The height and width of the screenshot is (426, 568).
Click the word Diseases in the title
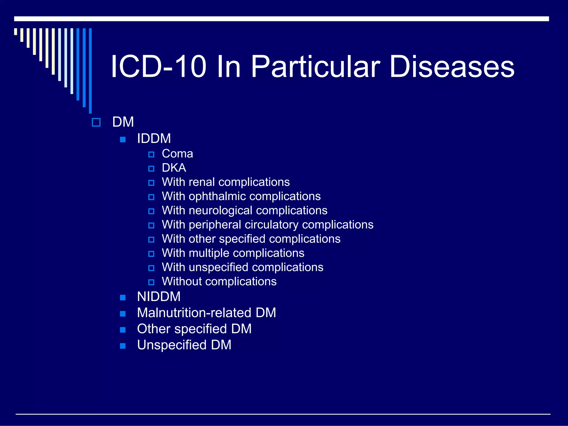click(452, 67)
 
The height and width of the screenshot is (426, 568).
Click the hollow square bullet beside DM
click(96, 122)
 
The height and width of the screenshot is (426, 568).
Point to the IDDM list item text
click(154, 138)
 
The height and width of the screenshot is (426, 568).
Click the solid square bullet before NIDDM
click(123, 298)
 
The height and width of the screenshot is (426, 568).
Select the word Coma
click(177, 154)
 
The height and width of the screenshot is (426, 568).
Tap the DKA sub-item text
click(174, 168)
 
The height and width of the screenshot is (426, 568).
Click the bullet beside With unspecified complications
click(151, 268)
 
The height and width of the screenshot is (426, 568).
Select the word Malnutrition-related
click(194, 313)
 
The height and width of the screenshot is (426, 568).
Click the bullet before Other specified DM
click(123, 330)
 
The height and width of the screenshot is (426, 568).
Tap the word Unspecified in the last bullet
click(172, 345)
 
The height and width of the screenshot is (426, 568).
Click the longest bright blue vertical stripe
click(90, 71)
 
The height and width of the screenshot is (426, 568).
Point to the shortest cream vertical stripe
click(16, 31)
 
